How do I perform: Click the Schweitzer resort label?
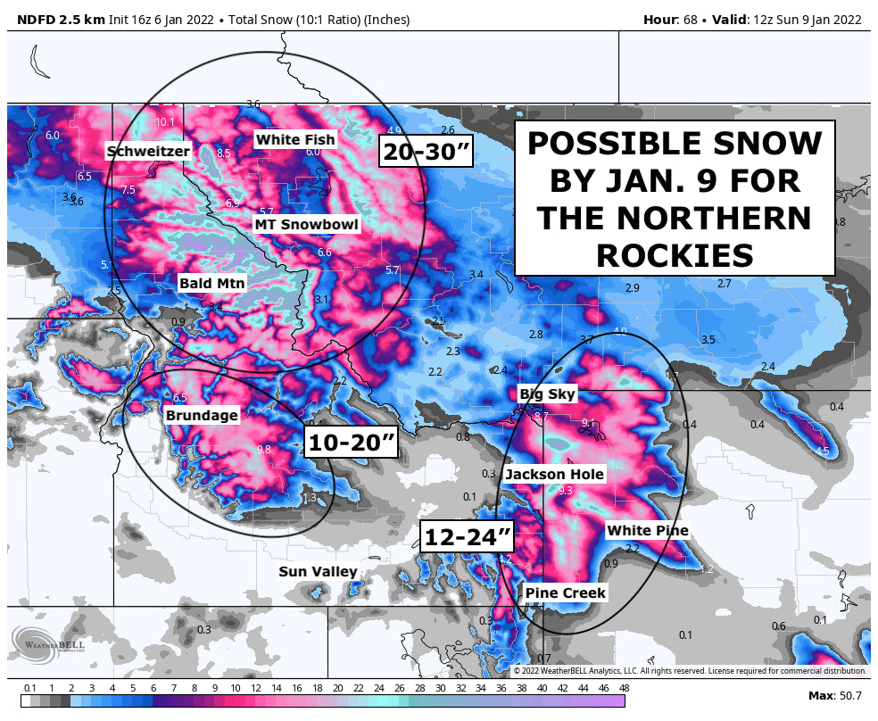[x=148, y=152]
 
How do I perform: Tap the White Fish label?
[x=294, y=139]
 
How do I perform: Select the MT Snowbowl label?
[x=306, y=225]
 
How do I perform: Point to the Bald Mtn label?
[x=211, y=284]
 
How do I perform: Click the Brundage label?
[x=202, y=415]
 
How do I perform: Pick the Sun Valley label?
[x=318, y=572]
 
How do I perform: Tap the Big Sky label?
[x=547, y=394]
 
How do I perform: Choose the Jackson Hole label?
[x=554, y=475]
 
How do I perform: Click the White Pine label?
[x=647, y=531]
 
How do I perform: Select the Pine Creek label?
[x=565, y=593]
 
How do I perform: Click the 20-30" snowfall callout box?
[x=426, y=152]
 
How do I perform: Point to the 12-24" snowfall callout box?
[x=468, y=538]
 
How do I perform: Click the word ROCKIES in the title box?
[x=674, y=256]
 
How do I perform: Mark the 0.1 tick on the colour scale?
[x=30, y=688]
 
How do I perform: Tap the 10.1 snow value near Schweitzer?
[x=165, y=122]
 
